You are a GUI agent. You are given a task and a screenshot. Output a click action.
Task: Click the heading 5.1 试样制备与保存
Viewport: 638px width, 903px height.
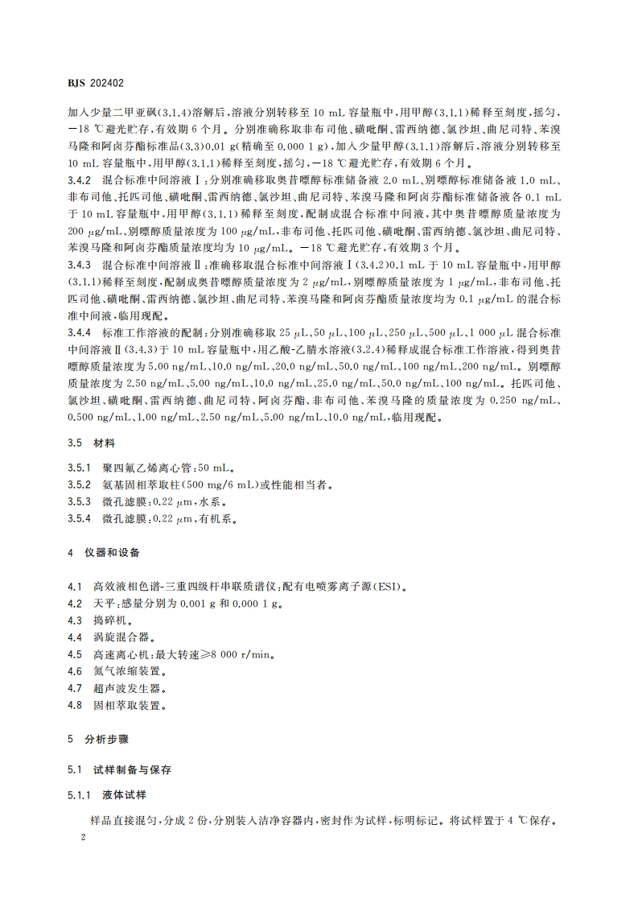(x=122, y=769)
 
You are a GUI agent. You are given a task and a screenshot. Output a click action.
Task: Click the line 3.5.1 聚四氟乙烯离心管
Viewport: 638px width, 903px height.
(x=151, y=468)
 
